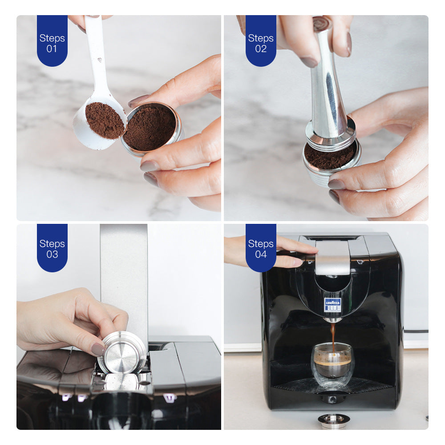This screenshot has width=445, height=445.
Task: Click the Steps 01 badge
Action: coord(52,41)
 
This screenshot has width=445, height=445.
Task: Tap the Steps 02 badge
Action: coord(261,41)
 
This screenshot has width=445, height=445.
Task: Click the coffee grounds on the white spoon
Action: coord(105,120)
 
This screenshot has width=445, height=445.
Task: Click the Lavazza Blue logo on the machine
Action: coord(332,304)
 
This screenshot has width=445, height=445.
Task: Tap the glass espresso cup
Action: coord(333,365)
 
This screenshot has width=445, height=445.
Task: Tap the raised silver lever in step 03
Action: coord(124,276)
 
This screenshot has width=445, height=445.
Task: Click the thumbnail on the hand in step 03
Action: coord(97,349)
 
